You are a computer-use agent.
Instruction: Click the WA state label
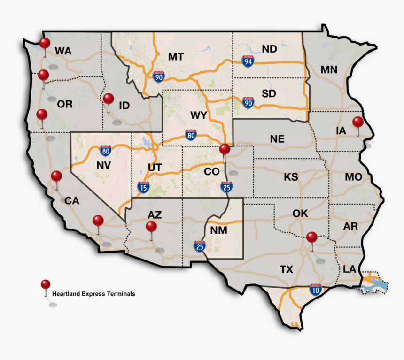pyautogui.click(x=63, y=51)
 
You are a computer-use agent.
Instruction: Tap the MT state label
pyautogui.click(x=176, y=57)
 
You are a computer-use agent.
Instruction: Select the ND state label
pyautogui.click(x=269, y=49)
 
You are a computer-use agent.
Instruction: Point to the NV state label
pyautogui.click(x=104, y=165)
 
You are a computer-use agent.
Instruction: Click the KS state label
pyautogui.click(x=291, y=177)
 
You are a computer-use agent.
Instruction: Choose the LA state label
pyautogui.click(x=349, y=269)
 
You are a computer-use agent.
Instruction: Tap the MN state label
pyautogui.click(x=329, y=70)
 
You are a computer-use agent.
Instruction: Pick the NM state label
pyautogui.click(x=218, y=230)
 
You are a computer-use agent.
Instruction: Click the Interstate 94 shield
pyautogui.click(x=247, y=61)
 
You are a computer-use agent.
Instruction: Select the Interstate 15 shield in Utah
pyautogui.click(x=144, y=188)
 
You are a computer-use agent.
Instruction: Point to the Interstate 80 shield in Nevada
pyautogui.click(x=106, y=150)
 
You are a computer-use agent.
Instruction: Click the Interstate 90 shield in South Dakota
pyautogui.click(x=248, y=102)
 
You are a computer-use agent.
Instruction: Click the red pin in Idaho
pyautogui.click(x=109, y=99)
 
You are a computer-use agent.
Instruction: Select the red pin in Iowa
pyautogui.click(x=358, y=122)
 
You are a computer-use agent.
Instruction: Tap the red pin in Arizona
pyautogui.click(x=151, y=227)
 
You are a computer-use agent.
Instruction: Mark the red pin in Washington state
pyautogui.click(x=45, y=43)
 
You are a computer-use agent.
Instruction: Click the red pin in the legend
pyautogui.click(x=46, y=284)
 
